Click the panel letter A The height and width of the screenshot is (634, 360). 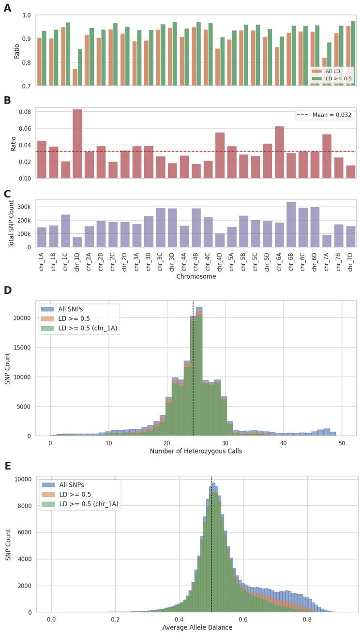pos(7,8)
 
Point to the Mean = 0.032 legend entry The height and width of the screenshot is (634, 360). pos(324,115)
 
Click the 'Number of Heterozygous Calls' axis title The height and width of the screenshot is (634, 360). pos(195,451)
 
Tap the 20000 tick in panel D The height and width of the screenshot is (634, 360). pos(23,318)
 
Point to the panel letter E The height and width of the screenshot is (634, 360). pos(7,466)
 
